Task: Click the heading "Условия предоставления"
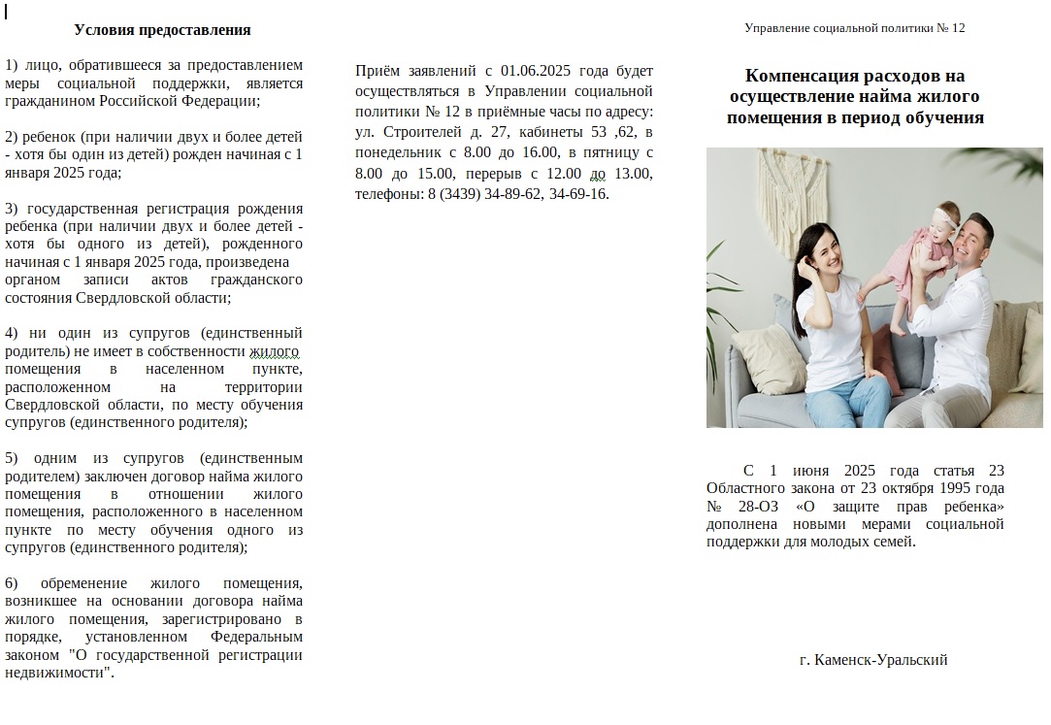pyautogui.click(x=162, y=30)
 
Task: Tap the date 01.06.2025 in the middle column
pyautogui.click(x=537, y=71)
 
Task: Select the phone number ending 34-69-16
pyautogui.click(x=578, y=193)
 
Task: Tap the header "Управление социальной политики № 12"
pyautogui.click(x=854, y=28)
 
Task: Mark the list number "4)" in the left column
pyautogui.click(x=12, y=333)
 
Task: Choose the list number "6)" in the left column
pyautogui.click(x=12, y=583)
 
